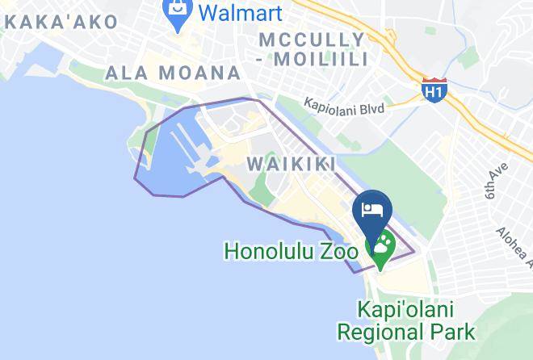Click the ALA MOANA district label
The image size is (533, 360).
[173, 73]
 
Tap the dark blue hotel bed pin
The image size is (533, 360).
[372, 211]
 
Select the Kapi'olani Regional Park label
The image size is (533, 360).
[405, 320]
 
